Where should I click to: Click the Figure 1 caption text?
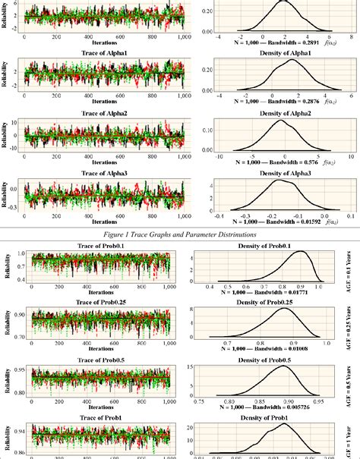(x=180, y=234)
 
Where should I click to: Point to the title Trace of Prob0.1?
(x=104, y=247)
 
